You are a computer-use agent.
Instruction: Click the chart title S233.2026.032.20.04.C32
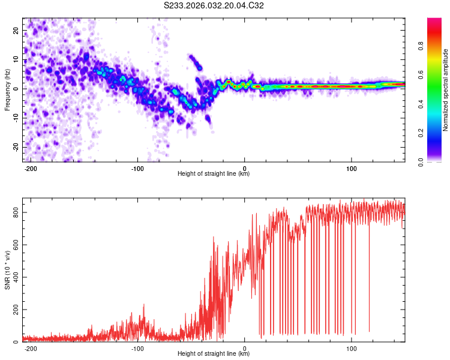[x=214, y=6]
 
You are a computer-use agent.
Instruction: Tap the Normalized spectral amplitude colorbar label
[x=446, y=90]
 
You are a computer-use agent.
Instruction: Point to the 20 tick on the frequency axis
[x=16, y=30]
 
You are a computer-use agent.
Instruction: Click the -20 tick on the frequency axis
[x=15, y=147]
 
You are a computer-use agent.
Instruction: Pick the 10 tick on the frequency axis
[x=16, y=59]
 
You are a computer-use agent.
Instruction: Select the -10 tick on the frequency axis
[x=15, y=118]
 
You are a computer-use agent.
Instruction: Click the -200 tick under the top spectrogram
[x=31, y=168]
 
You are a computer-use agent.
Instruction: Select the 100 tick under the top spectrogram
[x=351, y=168]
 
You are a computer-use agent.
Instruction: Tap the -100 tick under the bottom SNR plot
[x=137, y=348]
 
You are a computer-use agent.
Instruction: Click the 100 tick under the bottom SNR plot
[x=351, y=348]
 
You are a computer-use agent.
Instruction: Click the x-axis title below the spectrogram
[x=214, y=174]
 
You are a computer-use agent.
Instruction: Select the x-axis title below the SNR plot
[x=214, y=354]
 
